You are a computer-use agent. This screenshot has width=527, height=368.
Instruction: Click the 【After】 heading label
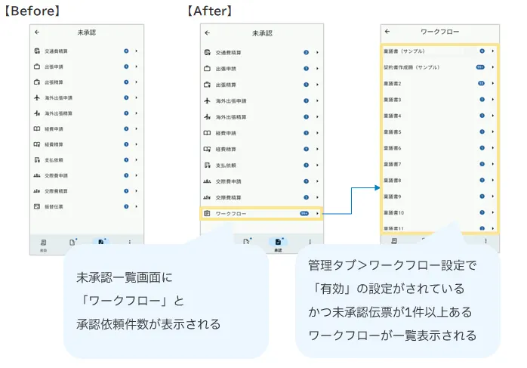[209, 11]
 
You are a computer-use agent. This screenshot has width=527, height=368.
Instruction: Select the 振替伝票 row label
[54, 206]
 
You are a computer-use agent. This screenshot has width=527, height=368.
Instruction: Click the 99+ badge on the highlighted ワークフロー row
[304, 214]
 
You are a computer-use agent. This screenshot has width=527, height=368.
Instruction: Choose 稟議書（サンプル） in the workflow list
[408, 51]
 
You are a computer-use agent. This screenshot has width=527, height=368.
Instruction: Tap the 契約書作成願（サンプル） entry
[412, 67]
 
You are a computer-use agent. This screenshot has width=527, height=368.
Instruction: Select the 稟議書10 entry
[394, 213]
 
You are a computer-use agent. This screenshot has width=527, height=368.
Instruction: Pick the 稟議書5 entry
[393, 132]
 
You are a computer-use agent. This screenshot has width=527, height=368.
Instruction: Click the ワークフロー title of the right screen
[439, 32]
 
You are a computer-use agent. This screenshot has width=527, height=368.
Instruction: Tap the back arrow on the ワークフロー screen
[387, 32]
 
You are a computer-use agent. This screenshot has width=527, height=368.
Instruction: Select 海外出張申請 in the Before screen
[59, 98]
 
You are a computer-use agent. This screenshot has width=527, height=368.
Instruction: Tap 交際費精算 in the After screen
[229, 198]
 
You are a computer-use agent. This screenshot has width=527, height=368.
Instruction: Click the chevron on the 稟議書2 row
[493, 84]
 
